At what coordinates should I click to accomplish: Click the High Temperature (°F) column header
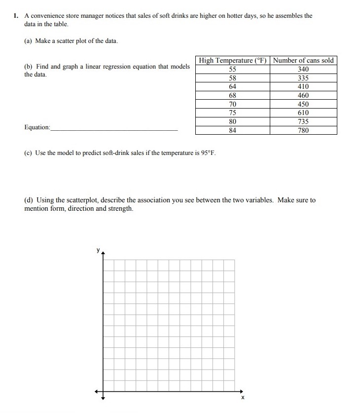pos(232,60)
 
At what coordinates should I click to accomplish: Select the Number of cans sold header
pos(303,60)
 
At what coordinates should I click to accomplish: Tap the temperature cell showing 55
pos(233,69)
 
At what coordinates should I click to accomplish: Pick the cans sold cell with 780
pos(303,131)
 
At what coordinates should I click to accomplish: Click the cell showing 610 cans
pos(303,113)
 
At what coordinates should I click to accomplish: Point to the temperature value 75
pos(233,113)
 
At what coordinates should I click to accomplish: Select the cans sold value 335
pos(303,78)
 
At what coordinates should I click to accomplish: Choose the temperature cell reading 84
pos(233,131)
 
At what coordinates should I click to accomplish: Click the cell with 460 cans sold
pos(303,95)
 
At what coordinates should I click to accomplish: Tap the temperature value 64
pos(233,86)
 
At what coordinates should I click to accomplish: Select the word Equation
pos(37,127)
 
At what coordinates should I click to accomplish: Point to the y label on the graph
pos(98,251)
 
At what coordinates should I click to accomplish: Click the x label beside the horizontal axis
pos(242,398)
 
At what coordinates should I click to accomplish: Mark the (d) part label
pos(29,200)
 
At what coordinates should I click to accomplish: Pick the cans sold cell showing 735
pos(303,122)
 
